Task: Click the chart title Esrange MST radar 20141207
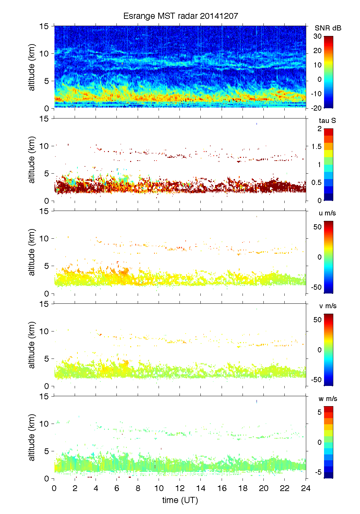181,16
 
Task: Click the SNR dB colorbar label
328,28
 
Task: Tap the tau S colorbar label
327,121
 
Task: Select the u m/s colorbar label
327,213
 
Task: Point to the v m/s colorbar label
327,306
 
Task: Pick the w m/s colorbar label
327,399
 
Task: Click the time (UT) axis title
180,500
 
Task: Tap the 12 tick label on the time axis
180,488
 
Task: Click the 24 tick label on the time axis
306,488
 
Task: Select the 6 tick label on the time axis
117,488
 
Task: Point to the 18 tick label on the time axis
243,488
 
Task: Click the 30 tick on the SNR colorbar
318,36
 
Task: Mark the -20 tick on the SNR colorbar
316,108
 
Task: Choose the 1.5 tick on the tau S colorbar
316,147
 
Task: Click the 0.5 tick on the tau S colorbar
316,183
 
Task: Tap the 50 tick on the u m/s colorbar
318,227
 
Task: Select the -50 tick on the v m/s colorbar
316,380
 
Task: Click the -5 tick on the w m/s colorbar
318,473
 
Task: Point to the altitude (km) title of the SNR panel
32,67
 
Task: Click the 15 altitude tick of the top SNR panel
45,26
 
